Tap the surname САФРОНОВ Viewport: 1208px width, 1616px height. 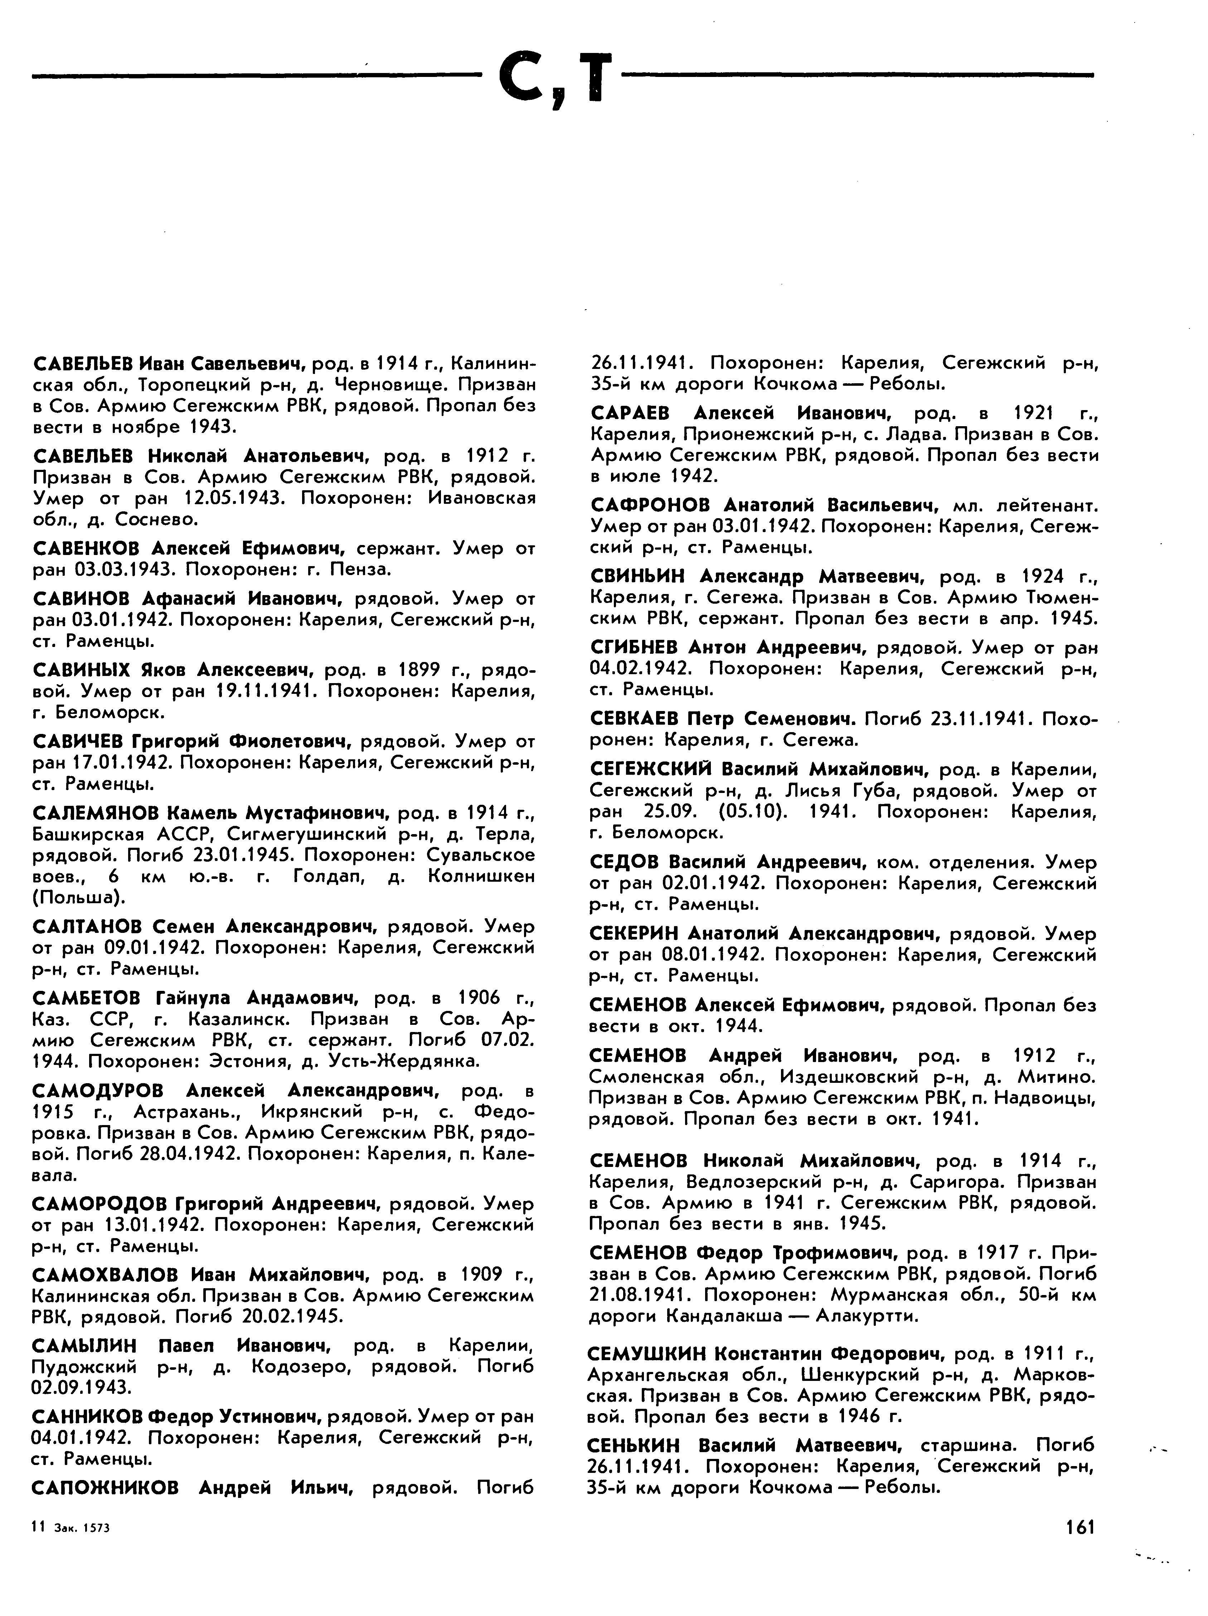[650, 505]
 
